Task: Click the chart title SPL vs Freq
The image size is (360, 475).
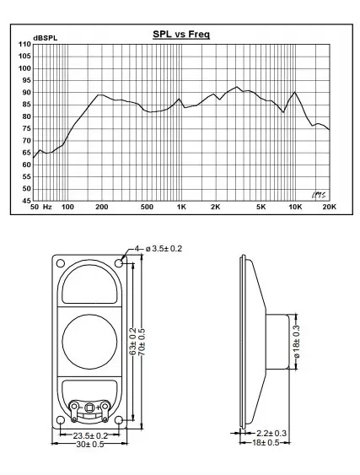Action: tap(180, 35)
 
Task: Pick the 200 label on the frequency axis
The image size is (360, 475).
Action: tap(102, 207)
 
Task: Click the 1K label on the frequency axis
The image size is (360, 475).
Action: tap(181, 207)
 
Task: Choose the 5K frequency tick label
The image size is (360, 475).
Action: tap(261, 207)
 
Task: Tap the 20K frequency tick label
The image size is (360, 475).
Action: tap(329, 207)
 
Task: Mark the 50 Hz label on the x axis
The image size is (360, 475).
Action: tap(41, 207)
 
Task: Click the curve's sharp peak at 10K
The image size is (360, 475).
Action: tap(295, 92)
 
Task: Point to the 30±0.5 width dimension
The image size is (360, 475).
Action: tap(89, 445)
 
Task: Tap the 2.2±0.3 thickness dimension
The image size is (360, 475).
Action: tap(271, 434)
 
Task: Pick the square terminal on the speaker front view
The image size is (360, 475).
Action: tap(89, 408)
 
